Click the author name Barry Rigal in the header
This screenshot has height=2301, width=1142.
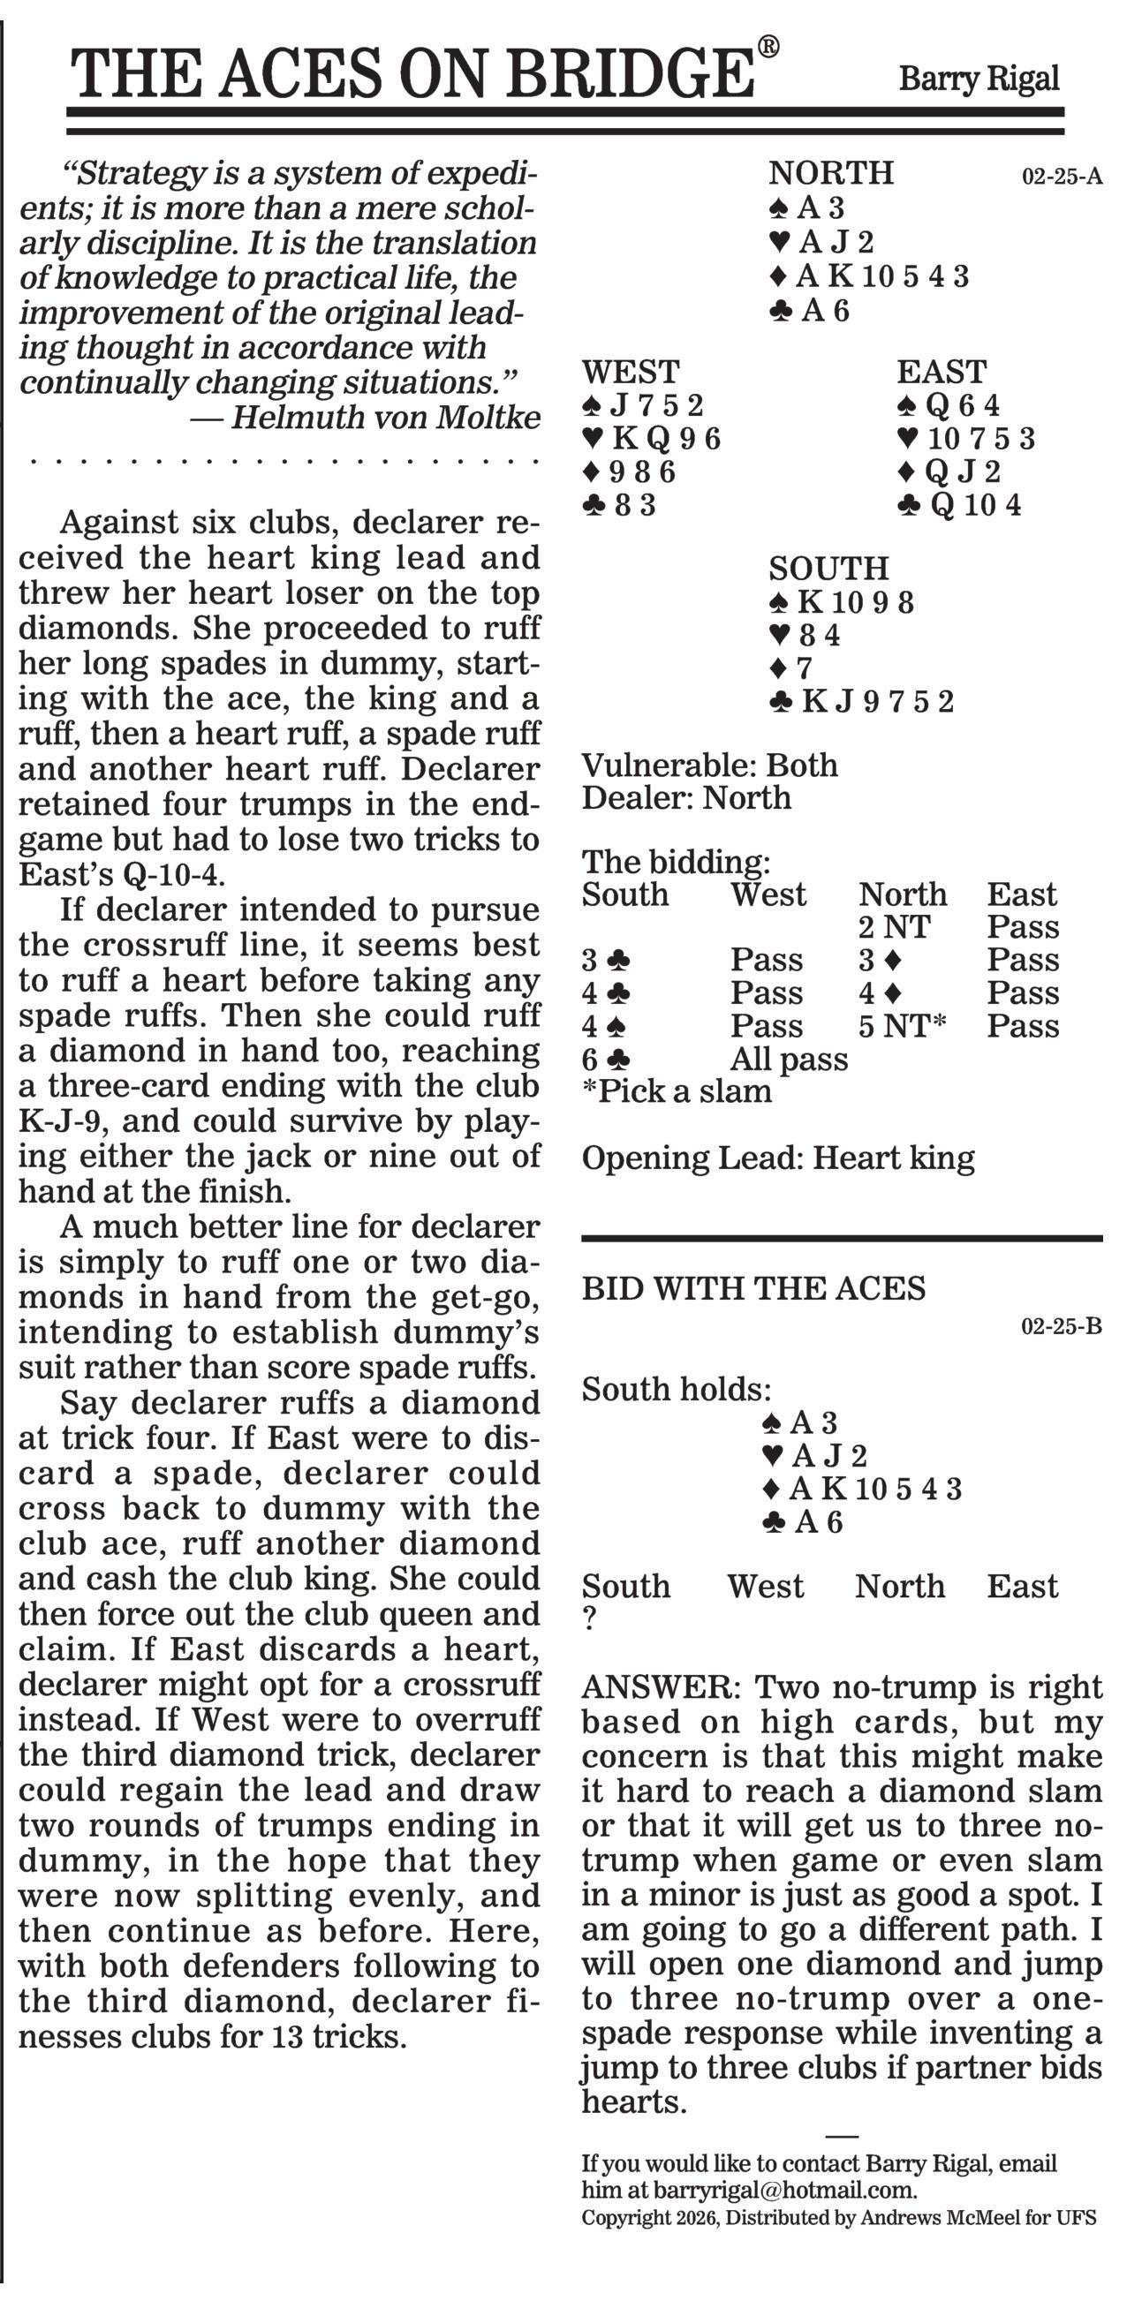click(x=979, y=79)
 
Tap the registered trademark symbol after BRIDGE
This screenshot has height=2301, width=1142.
click(x=768, y=47)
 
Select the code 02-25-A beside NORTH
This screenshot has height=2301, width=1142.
click(x=1062, y=176)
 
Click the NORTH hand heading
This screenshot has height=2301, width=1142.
click(x=830, y=172)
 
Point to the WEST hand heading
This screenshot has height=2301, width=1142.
click(x=630, y=372)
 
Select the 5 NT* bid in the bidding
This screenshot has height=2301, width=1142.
click(x=902, y=1026)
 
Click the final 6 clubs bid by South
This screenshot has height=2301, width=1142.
click(x=606, y=1060)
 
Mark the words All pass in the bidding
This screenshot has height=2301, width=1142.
click(x=788, y=1060)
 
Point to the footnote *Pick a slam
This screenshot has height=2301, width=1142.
click(x=677, y=1091)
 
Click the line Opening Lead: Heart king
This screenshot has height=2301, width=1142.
click(x=777, y=1158)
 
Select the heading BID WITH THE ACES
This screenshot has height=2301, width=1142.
click(x=753, y=1289)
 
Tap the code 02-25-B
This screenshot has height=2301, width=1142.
click(x=1061, y=1326)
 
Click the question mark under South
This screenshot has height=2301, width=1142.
click(x=589, y=1618)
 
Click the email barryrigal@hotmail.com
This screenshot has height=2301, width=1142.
click(x=783, y=2191)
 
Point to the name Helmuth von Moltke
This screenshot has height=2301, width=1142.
click(x=386, y=417)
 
